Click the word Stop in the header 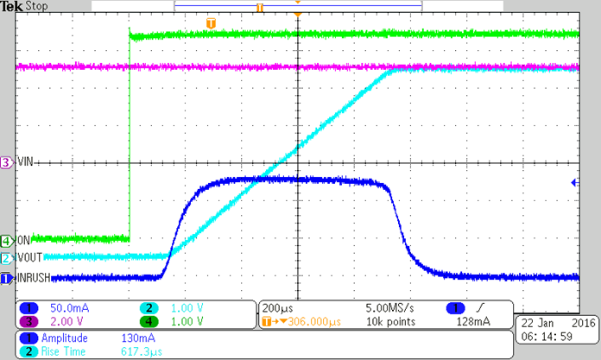[x=37, y=7]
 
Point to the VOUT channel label [x=28, y=257]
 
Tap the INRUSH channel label [x=32, y=278]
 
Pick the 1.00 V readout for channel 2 [x=186, y=307]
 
